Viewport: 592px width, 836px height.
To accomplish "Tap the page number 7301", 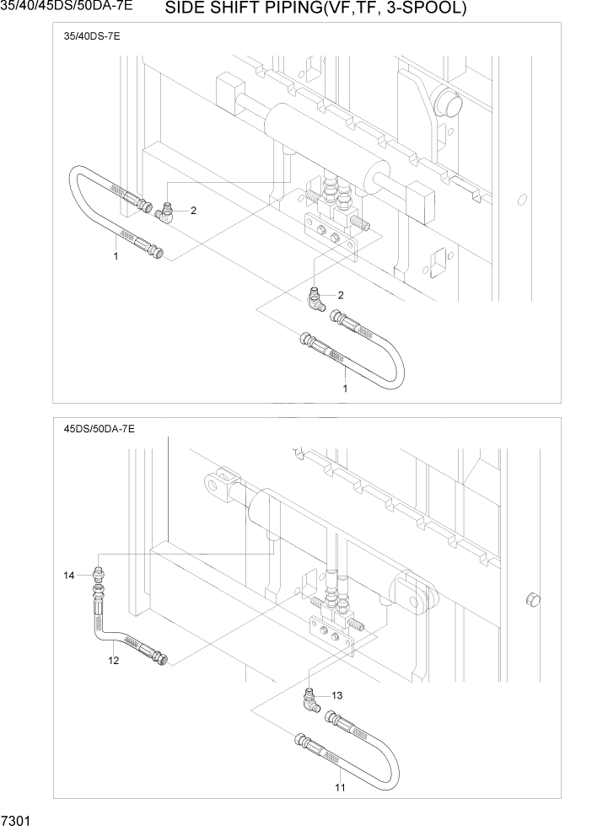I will [x=16, y=820].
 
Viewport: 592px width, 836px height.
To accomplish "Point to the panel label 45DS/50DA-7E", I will [x=99, y=429].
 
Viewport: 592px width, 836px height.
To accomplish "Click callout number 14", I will [x=69, y=576].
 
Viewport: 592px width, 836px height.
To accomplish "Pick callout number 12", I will [x=113, y=660].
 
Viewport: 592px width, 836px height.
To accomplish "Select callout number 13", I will [x=337, y=696].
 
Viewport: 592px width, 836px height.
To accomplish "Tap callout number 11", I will [x=341, y=787].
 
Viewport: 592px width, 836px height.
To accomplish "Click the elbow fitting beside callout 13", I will [x=312, y=698].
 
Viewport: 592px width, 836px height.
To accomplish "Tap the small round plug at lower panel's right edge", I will [x=531, y=599].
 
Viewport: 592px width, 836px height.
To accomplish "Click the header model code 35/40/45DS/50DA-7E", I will [x=67, y=8].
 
